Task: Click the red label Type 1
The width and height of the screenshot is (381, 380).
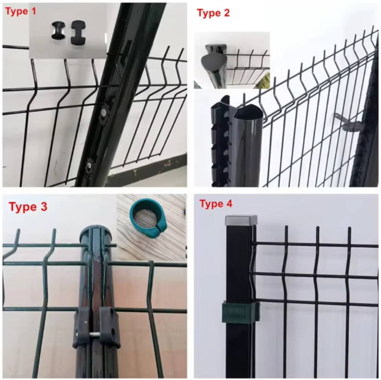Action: coord(21,11)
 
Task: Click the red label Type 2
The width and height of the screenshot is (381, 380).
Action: coord(213,13)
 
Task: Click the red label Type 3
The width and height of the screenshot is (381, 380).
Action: coord(28,207)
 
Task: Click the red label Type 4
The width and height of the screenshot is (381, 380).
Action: coord(216,204)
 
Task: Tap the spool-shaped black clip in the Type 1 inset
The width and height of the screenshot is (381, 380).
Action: coord(59,30)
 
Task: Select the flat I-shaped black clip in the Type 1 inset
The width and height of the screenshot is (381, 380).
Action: coord(78,32)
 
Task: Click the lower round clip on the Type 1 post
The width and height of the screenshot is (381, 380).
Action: coord(90,165)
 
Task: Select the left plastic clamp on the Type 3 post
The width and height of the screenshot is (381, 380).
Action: coord(82,326)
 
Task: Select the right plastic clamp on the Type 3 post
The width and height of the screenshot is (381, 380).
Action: coord(110,326)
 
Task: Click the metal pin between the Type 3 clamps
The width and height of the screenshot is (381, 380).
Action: coord(96,334)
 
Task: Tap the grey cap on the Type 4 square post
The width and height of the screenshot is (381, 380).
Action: coord(241,220)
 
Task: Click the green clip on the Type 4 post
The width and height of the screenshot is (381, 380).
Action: coord(241,313)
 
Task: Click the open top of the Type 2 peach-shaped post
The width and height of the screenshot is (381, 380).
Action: coord(248,112)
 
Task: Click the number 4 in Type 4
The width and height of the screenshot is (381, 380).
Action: coord(229,204)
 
